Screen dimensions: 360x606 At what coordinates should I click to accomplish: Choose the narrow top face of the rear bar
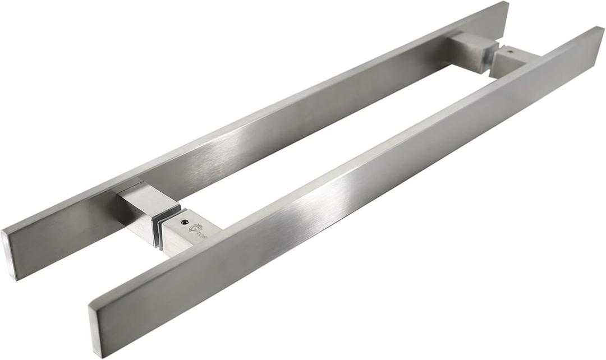pos(281,107)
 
